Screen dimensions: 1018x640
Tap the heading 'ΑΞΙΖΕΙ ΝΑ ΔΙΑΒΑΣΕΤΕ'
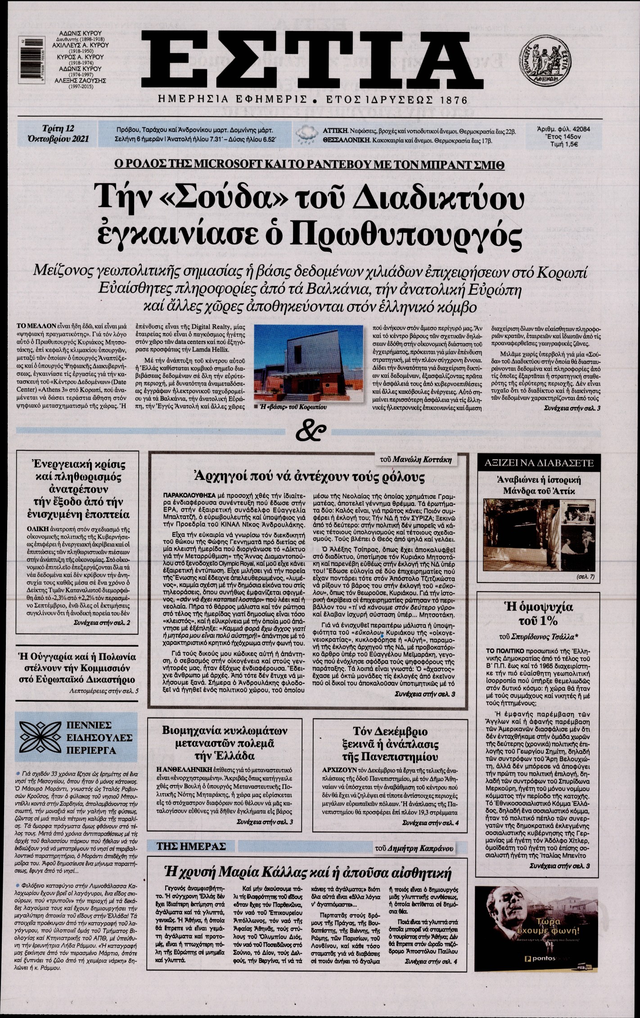tap(539, 463)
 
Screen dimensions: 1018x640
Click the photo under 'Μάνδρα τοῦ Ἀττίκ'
tap(539, 534)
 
